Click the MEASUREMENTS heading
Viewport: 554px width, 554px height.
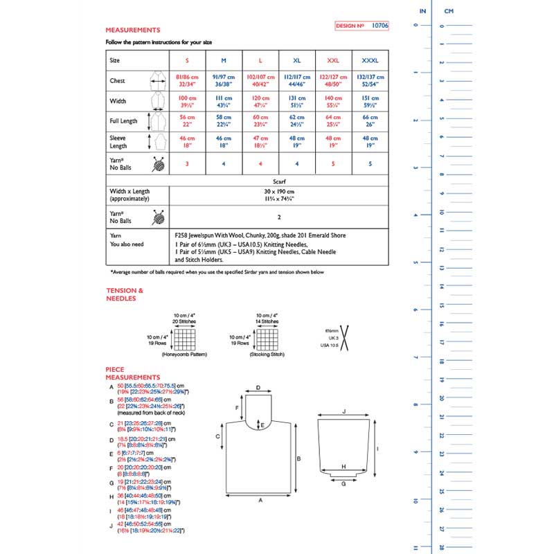click(132, 30)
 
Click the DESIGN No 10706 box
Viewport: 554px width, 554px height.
click(361, 26)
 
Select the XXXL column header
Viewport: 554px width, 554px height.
click(370, 60)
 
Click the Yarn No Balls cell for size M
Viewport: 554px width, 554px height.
click(224, 163)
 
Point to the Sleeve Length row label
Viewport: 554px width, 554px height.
click(120, 142)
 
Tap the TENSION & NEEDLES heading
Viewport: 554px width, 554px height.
click(125, 294)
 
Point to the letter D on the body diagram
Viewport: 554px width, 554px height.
click(258, 388)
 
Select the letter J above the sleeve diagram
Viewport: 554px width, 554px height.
click(344, 411)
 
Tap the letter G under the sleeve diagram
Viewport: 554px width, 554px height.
click(343, 483)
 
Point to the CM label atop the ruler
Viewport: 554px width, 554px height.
click(449, 12)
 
